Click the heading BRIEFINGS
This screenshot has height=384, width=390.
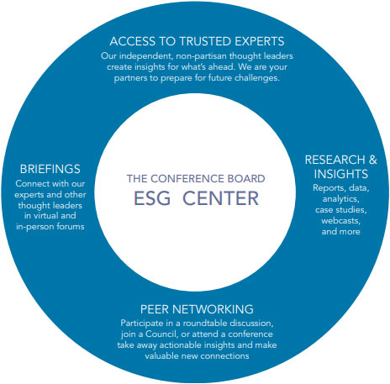click(50, 169)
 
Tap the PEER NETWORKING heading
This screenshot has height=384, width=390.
click(197, 309)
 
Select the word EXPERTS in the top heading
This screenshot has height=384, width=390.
click(260, 41)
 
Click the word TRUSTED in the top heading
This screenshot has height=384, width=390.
click(205, 41)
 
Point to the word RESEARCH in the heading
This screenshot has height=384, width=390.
click(335, 160)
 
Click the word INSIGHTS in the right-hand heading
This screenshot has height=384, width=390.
click(340, 174)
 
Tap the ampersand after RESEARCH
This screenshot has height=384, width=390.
click(373, 160)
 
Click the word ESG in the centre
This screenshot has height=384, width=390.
click(152, 198)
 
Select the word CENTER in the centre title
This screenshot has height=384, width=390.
click(220, 198)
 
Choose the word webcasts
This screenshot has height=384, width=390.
click(340, 221)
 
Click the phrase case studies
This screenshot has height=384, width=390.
click(340, 210)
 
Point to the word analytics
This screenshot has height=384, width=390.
click(340, 199)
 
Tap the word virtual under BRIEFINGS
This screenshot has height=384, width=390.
click(45, 216)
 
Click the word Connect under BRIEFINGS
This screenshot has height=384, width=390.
click(30, 184)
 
